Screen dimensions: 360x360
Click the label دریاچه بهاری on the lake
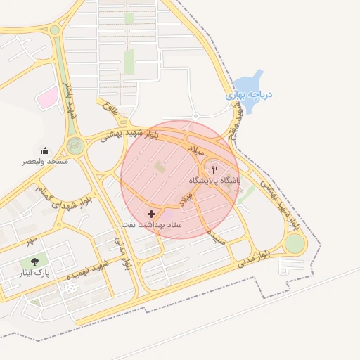tap(250, 94)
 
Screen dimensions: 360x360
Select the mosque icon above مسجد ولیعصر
tap(46, 150)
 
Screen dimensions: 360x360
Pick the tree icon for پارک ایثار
tap(34, 262)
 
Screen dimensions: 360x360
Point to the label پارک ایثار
tap(34, 273)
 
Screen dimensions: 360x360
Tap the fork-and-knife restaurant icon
tap(214, 169)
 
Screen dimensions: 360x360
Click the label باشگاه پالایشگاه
tap(214, 181)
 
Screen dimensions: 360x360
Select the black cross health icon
tap(151, 213)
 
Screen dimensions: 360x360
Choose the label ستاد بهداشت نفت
tap(152, 224)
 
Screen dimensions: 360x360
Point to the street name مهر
tap(30, 241)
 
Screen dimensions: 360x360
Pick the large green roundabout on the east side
tap(295, 243)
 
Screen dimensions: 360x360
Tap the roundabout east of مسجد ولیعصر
tap(75, 146)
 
